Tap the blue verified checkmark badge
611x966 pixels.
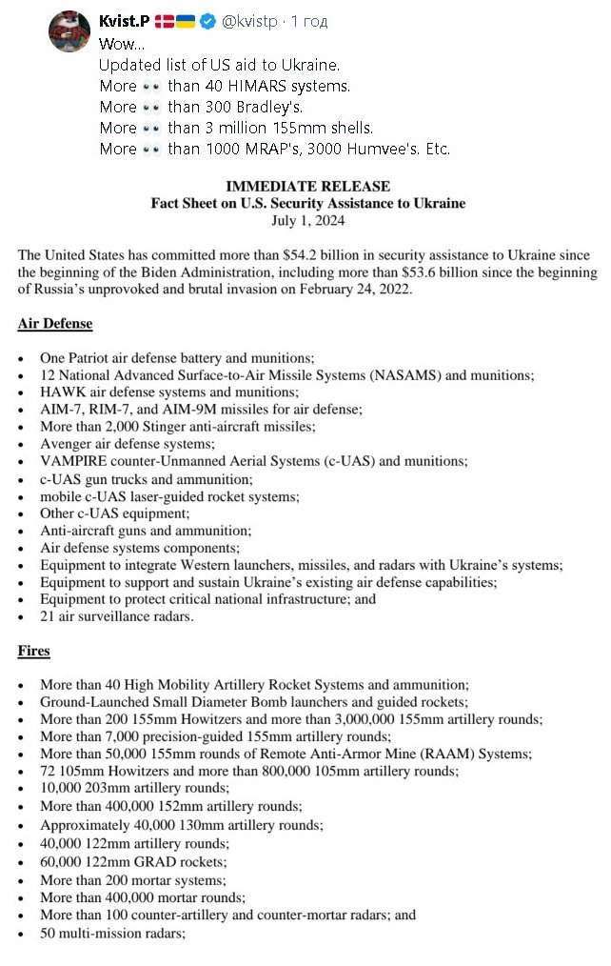point(209,21)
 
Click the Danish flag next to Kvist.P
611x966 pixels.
point(163,21)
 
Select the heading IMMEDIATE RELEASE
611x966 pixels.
point(307,187)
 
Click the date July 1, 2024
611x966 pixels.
point(307,221)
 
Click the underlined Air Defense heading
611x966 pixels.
point(55,324)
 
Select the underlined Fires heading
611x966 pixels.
point(34,651)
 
